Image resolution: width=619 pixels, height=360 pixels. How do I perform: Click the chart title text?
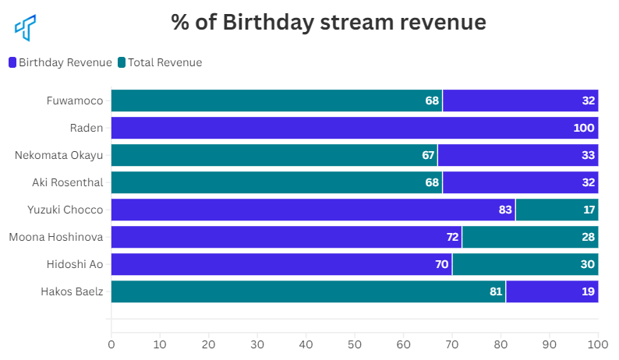point(328,23)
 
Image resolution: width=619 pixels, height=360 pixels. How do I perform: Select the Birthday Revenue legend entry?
point(61,62)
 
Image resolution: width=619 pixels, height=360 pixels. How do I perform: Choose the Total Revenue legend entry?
point(160,62)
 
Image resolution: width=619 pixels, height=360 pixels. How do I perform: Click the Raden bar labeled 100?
point(355,128)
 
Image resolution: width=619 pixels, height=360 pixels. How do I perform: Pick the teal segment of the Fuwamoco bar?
point(277,101)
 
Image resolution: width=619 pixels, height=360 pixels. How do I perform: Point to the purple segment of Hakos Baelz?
point(552,291)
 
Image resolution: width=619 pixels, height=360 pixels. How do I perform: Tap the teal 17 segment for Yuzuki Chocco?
point(557,210)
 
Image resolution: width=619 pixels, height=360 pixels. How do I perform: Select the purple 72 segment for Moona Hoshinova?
point(286,237)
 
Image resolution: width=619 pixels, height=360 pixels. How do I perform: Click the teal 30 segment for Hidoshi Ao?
point(525,264)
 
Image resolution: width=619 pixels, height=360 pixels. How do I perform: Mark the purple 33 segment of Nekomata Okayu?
point(518,155)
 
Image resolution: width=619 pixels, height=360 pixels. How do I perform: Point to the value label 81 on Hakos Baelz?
point(495,291)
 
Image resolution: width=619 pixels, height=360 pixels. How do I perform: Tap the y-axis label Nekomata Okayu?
point(59,155)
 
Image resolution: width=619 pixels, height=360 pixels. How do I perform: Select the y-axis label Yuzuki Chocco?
point(65,210)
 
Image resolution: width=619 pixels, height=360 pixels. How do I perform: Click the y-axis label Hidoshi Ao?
point(75,264)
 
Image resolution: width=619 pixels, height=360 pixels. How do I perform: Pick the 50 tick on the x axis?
point(355,343)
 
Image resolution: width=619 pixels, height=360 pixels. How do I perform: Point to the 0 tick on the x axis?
point(111,343)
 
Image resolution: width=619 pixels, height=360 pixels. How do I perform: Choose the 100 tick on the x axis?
point(598,343)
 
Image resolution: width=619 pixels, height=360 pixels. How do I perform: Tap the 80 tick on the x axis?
point(501,343)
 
